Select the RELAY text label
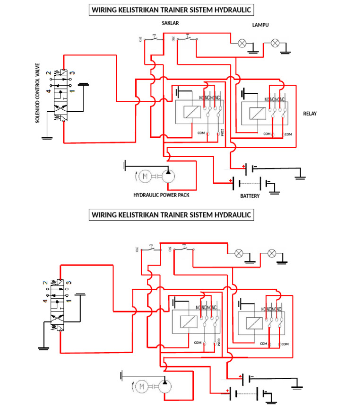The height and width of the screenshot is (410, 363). [310, 114]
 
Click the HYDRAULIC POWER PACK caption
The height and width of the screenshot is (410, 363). [161, 195]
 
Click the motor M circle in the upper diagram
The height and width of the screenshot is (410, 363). [145, 177]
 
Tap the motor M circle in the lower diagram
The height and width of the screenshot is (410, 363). [140, 387]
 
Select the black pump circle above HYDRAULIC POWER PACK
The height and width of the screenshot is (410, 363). [168, 176]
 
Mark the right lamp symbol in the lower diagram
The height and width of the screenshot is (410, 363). [272, 253]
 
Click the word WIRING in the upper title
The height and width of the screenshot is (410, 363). [105, 9]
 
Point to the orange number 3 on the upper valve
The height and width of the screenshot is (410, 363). [72, 73]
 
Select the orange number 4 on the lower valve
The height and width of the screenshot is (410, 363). [46, 301]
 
